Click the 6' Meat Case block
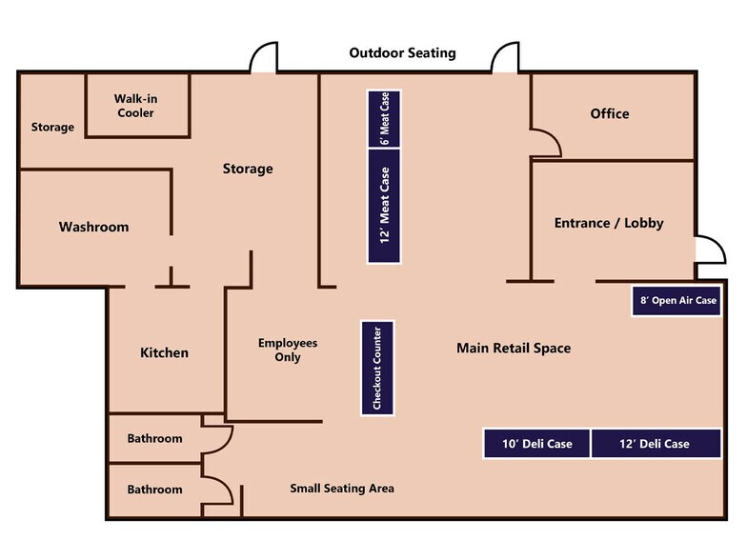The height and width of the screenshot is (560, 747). coord(384,118)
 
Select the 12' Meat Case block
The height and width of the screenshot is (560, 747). coord(384,206)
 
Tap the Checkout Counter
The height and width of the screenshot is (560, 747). coord(377,368)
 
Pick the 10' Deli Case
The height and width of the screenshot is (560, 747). coord(537,444)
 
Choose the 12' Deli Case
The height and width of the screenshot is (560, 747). coord(656,444)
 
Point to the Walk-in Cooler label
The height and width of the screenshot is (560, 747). coord(135,106)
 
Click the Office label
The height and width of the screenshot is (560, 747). coord(610,114)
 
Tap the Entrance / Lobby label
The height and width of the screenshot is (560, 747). coord(609,223)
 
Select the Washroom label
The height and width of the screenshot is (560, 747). coord(93,227)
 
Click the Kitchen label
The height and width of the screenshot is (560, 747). coord(164,352)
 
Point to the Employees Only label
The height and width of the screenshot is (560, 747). coord(288,350)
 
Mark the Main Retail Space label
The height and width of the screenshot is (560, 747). coord(514,349)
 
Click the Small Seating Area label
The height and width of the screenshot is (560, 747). coord(342,488)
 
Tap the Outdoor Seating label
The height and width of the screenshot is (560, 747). coord(402,53)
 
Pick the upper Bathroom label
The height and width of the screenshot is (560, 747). coord(154,438)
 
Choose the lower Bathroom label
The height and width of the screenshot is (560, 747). coord(154,490)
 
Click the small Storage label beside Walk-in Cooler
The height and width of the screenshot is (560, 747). coord(52,128)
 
